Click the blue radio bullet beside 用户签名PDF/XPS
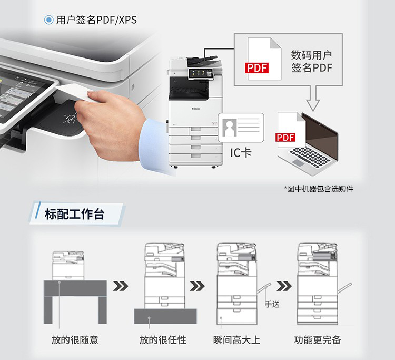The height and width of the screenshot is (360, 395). [48, 20]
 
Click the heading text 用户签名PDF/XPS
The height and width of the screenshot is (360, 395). [96, 20]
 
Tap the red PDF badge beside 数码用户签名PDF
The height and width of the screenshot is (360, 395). [257, 68]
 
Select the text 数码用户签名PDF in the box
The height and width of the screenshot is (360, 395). [312, 61]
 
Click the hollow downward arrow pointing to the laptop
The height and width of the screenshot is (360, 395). [313, 99]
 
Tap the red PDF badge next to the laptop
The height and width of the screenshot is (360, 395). [285, 137]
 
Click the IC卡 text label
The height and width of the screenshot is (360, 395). [241, 152]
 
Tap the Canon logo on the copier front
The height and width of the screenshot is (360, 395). [196, 109]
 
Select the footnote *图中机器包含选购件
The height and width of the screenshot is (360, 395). [319, 189]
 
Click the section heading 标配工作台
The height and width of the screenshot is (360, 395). [75, 214]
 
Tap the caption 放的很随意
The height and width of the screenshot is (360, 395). [75, 340]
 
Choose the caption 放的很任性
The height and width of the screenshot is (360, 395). [163, 340]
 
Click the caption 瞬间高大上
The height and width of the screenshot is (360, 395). [236, 340]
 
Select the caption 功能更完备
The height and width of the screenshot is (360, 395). [318, 340]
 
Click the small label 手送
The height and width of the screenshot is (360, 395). [272, 304]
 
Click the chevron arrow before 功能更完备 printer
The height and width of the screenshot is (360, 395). [284, 286]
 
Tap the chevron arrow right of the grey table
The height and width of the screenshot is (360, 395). [121, 286]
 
